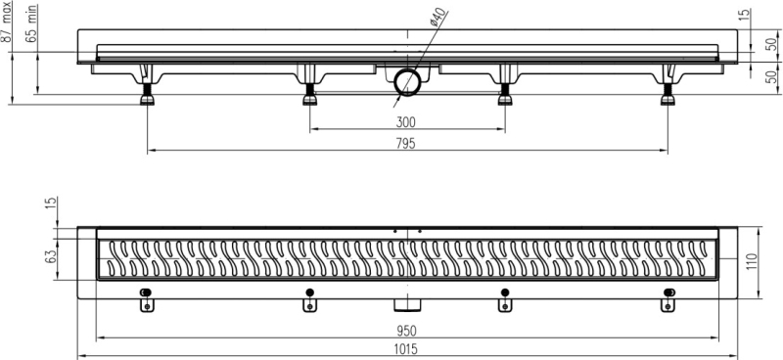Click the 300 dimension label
tap(405, 122)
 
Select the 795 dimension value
tap(405, 144)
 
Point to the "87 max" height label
tap(6, 22)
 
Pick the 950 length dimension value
tap(407, 331)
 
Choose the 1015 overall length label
tap(405, 349)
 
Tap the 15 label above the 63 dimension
tap(52, 203)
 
